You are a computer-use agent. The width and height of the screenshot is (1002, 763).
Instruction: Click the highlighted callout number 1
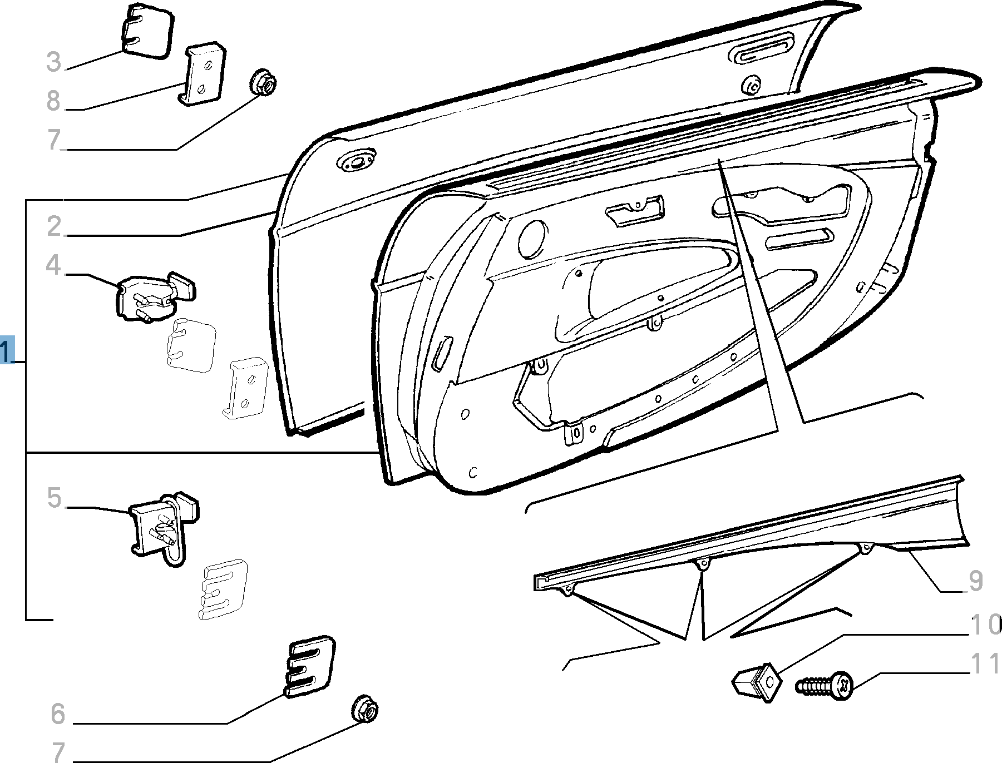(x=7, y=350)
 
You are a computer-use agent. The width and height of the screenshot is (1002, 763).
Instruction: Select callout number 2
(x=53, y=226)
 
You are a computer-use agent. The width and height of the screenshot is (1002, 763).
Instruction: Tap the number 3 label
(x=53, y=61)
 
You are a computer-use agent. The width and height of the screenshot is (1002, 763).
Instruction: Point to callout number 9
(x=976, y=581)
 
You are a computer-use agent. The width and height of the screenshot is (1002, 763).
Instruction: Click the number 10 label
(x=985, y=625)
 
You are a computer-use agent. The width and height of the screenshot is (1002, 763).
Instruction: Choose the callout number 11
(x=985, y=665)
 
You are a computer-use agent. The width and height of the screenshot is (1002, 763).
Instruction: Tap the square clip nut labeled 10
(x=757, y=682)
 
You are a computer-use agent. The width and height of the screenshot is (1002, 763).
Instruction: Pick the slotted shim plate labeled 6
(x=310, y=666)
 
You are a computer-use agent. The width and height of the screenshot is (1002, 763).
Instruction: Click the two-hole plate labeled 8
(x=203, y=75)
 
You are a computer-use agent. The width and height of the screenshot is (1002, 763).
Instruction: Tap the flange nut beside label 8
(x=263, y=83)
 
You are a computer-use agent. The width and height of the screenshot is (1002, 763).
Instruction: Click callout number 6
(x=57, y=714)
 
